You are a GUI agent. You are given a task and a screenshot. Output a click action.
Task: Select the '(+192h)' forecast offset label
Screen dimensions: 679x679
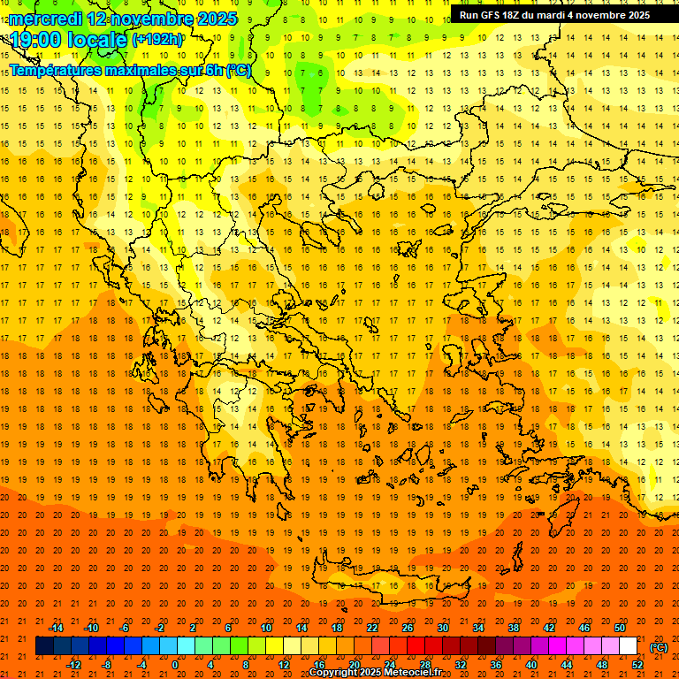pos(157,40)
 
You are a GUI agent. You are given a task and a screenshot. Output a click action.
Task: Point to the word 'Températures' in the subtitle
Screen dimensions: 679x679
pos(56,70)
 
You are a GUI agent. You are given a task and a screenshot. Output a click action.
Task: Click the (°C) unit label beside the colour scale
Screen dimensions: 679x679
pos(658,647)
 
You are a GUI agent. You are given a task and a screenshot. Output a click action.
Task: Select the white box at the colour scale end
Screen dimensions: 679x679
pos(628,646)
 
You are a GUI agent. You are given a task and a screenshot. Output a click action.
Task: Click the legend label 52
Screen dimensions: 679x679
pos(637,665)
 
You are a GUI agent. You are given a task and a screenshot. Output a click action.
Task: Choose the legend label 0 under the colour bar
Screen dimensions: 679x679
pos(175,665)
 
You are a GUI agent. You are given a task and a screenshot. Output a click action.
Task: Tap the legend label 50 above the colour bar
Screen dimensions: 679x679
pos(620,628)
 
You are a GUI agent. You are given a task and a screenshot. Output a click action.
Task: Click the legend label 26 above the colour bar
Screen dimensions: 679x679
pos(407,628)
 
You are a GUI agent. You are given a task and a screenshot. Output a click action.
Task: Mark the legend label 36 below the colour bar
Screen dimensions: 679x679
pos(495,665)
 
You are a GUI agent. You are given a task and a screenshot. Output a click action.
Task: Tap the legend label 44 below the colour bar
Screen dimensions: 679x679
pos(567,665)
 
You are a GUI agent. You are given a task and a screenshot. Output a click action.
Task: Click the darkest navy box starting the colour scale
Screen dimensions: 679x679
pos(44,646)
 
